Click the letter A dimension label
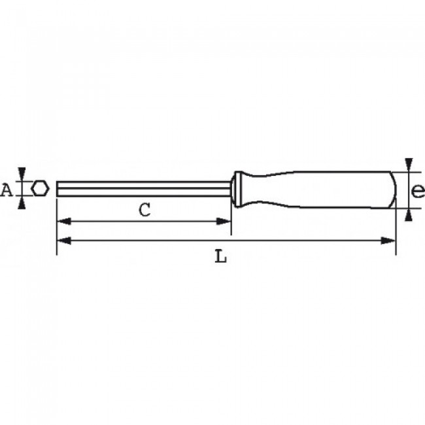7,190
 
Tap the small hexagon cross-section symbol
41,188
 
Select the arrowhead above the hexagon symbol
23,173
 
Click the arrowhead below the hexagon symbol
23,203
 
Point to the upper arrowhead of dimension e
409,163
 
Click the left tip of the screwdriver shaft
58,188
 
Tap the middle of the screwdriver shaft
144,188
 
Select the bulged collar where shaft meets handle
239,188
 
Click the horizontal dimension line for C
105,221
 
